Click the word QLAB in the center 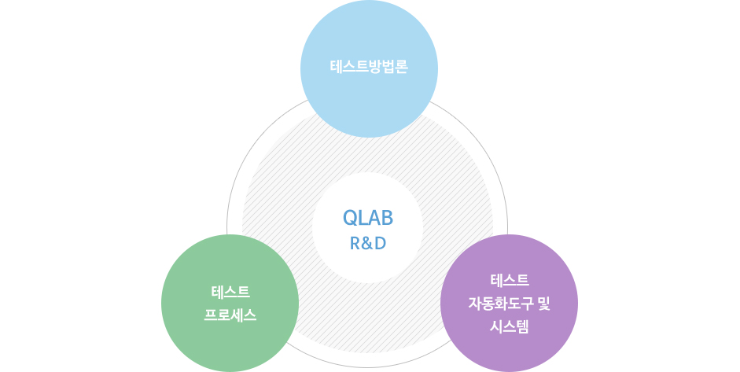click(x=368, y=218)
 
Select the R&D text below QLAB click(x=368, y=243)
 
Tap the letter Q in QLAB click(x=351, y=218)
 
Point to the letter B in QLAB click(x=386, y=218)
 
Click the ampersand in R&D click(x=368, y=243)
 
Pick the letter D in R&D click(x=381, y=243)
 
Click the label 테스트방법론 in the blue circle click(x=369, y=67)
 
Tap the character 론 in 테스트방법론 click(x=400, y=67)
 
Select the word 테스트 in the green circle click(x=230, y=293)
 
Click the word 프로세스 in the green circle click(x=230, y=316)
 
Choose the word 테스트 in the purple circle click(x=509, y=280)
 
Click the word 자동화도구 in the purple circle click(x=499, y=303)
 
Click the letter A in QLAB click(x=374, y=218)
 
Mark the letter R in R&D click(x=355, y=243)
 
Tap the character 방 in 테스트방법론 click(x=369, y=67)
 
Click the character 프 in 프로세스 click(x=211, y=316)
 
